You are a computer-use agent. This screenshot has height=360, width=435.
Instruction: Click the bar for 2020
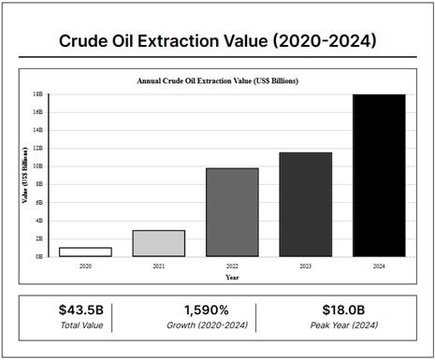[x=85, y=252]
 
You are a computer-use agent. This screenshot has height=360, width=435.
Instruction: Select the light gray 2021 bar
[x=158, y=243]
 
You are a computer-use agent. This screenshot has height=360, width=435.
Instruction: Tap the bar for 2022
[x=232, y=212]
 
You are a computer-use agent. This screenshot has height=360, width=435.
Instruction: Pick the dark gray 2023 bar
[x=305, y=204]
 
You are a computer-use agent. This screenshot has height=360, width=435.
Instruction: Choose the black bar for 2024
[x=379, y=175]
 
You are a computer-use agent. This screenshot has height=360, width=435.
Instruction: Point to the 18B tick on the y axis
[x=38, y=94]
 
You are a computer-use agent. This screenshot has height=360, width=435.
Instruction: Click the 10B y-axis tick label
[x=38, y=166]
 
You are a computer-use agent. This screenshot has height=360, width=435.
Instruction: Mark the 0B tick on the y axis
[x=39, y=256]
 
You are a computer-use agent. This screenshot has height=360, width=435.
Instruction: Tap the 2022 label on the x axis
[x=232, y=266]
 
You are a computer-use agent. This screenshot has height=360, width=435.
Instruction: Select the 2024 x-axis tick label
[x=379, y=266]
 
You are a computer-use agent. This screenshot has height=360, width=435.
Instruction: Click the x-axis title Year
[x=231, y=277]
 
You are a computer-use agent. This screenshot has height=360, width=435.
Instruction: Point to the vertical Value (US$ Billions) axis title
[x=25, y=176]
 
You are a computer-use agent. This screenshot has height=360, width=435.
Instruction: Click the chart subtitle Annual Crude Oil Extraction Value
[x=231, y=81]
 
